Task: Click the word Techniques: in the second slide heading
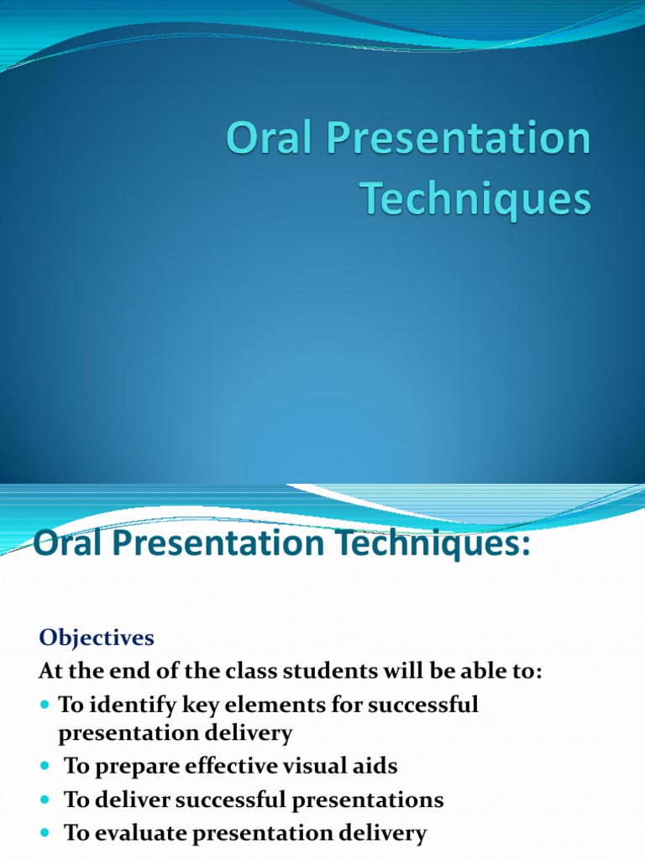[x=433, y=544]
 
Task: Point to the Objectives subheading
[x=97, y=638]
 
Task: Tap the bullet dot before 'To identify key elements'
[x=45, y=704]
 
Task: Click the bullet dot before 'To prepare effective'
[x=45, y=766]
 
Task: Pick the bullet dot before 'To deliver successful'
[x=45, y=800]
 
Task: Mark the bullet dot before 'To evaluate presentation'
[x=45, y=833]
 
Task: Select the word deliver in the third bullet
[x=131, y=800]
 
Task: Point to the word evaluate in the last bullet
[x=140, y=833]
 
